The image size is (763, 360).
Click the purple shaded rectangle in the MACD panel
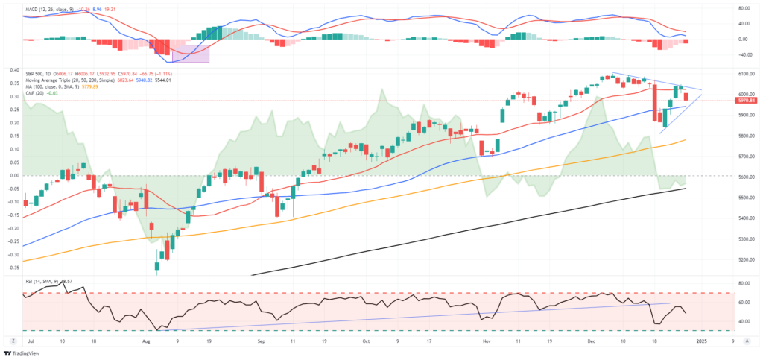[190, 53]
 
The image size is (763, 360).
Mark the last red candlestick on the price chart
[686, 95]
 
